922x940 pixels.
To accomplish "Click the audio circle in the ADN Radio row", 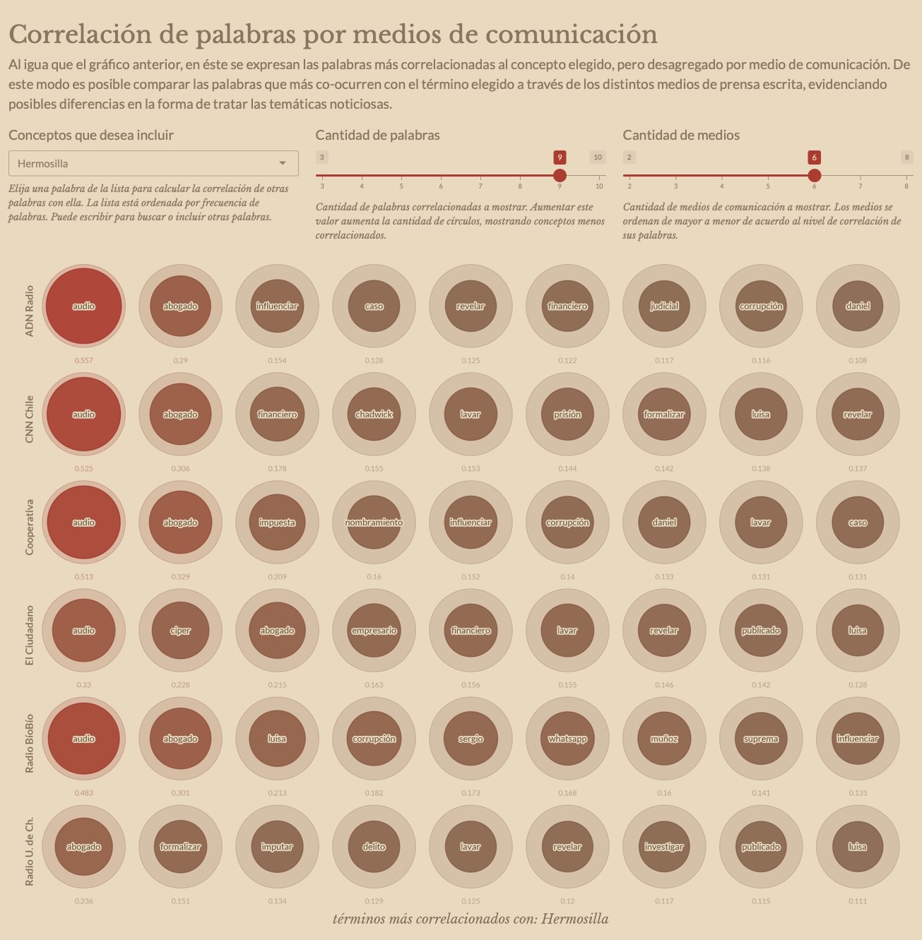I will pyautogui.click(x=83, y=306).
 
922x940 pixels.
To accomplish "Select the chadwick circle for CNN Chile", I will pyautogui.click(x=374, y=414).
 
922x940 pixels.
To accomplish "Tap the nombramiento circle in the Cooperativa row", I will pyautogui.click(x=374, y=522).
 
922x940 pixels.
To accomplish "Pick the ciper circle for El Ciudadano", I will pyautogui.click(x=180, y=630).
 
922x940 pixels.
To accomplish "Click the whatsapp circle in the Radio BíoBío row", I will pyautogui.click(x=567, y=738).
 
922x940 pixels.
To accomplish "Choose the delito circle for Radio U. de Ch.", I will pyautogui.click(x=374, y=846).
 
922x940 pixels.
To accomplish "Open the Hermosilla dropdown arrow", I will pyautogui.click(x=283, y=163).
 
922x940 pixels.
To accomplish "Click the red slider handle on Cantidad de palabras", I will pyautogui.click(x=560, y=175).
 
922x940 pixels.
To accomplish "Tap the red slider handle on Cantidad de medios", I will pyautogui.click(x=814, y=175).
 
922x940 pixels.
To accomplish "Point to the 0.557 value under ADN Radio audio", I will pyautogui.click(x=83, y=360).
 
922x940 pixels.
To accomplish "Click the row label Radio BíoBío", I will pyautogui.click(x=29, y=738).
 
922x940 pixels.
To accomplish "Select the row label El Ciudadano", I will pyautogui.click(x=29, y=635).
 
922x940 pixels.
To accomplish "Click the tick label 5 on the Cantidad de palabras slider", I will pyautogui.click(x=401, y=186).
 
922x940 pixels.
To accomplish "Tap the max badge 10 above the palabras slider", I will pyautogui.click(x=598, y=157).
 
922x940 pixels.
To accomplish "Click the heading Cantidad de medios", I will pyautogui.click(x=681, y=135).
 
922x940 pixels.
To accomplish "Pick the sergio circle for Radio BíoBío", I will pyautogui.click(x=471, y=738).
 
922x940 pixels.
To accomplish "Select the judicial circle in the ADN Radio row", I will pyautogui.click(x=664, y=306).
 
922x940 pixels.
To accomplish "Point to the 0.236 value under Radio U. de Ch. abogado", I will pyautogui.click(x=83, y=900).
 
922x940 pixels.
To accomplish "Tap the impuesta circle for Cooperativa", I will pyautogui.click(x=277, y=522).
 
